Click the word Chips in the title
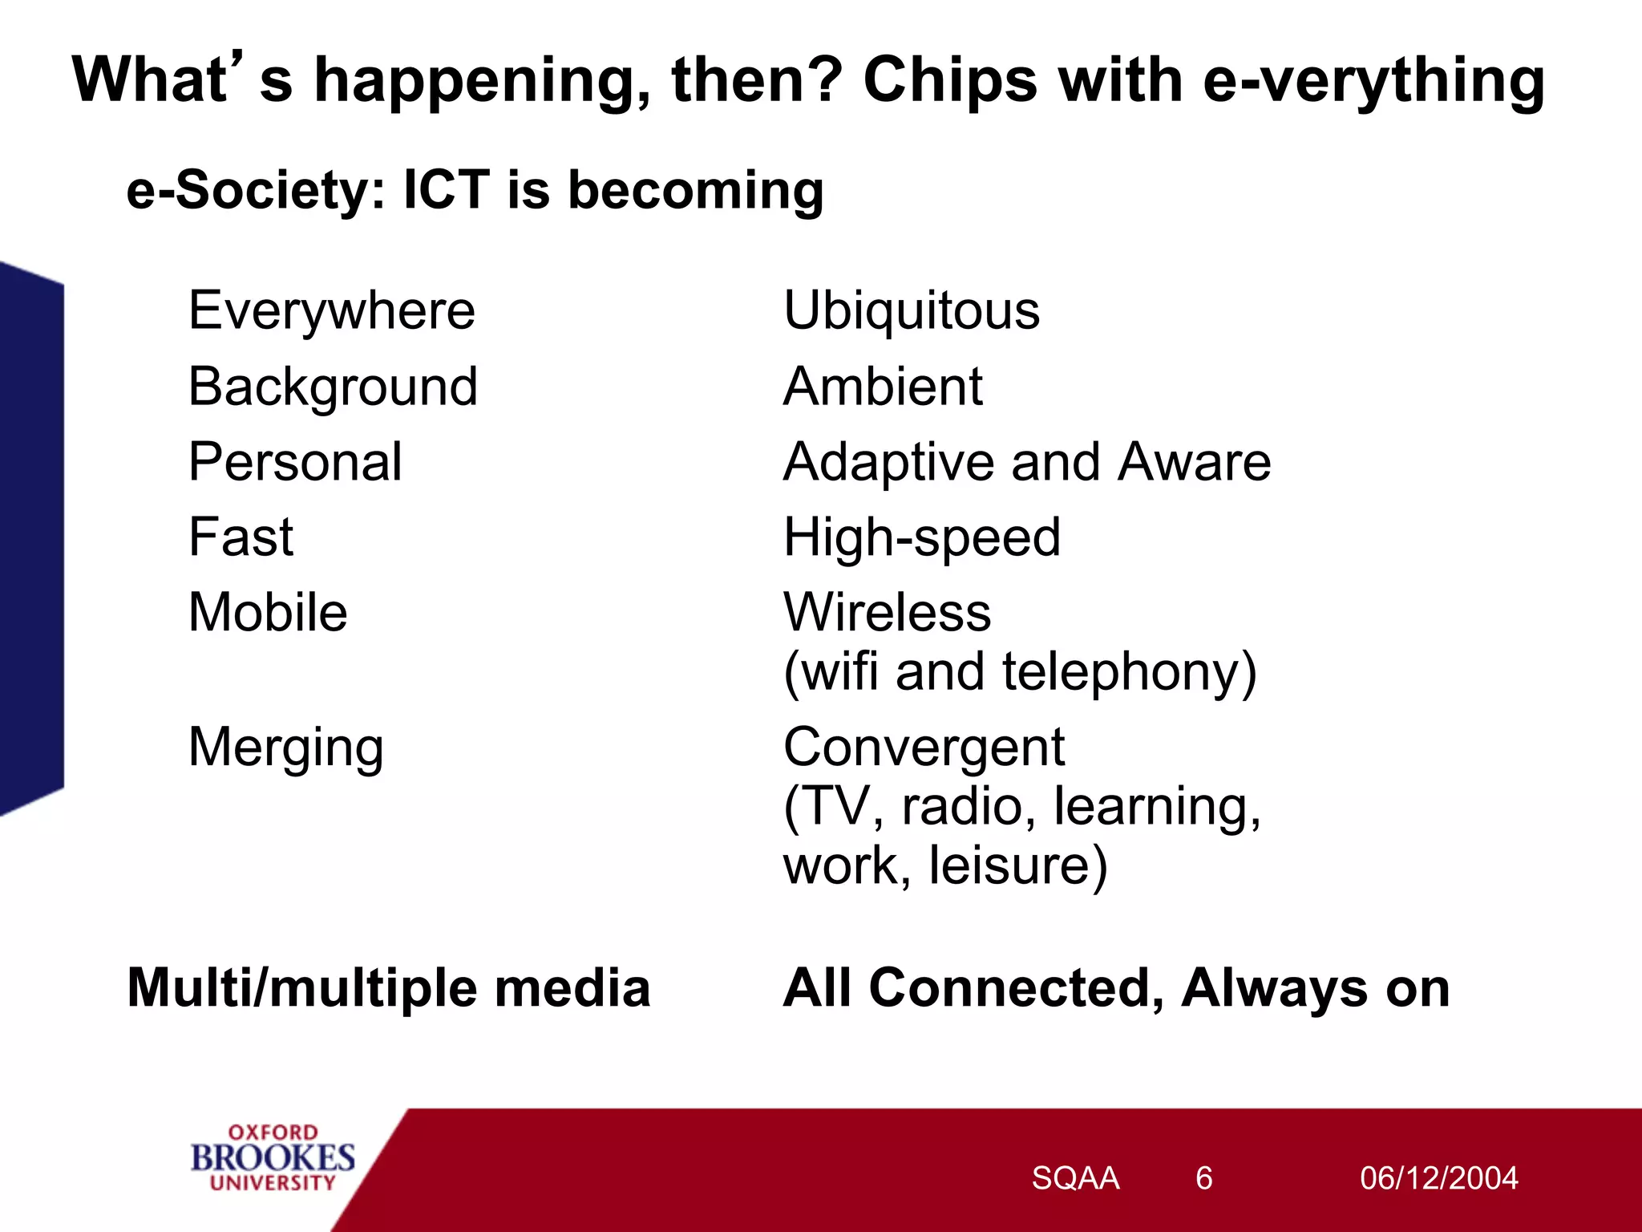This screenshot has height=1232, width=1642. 950,81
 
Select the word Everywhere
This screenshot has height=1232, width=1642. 332,311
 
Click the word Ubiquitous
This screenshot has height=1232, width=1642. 911,311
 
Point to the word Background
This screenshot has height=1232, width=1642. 333,387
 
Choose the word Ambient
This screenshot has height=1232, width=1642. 882,387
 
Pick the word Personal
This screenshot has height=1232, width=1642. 295,463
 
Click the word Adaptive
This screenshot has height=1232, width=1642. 888,463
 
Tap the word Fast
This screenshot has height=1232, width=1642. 241,537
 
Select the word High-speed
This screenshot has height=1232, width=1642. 921,538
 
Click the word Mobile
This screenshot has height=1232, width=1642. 268,614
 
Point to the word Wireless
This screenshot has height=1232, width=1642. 887,614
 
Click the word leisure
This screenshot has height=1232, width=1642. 1017,866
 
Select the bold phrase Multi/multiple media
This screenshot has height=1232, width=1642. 389,988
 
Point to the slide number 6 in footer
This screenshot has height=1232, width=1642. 1203,1178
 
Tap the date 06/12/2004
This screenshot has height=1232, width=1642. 1438,1178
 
